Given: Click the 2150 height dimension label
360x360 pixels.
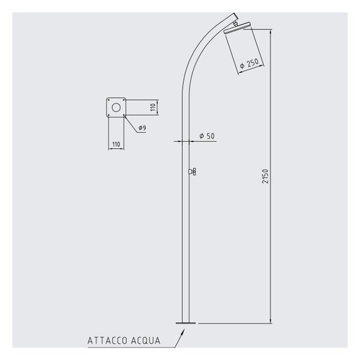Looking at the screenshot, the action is click(265, 176).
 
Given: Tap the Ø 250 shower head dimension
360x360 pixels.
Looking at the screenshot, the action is click(249, 64).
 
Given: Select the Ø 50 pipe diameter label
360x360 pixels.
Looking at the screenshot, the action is click(207, 136).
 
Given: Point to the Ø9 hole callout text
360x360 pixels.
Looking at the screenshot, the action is click(142, 128).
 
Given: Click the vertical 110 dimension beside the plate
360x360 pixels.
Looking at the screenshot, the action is click(153, 107).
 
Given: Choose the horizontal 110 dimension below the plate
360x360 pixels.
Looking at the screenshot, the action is click(116, 144).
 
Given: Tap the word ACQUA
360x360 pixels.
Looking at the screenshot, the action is click(146, 341).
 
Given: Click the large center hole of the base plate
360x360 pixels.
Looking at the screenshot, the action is click(116, 107).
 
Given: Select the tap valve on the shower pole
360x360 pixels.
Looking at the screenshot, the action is click(192, 172).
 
